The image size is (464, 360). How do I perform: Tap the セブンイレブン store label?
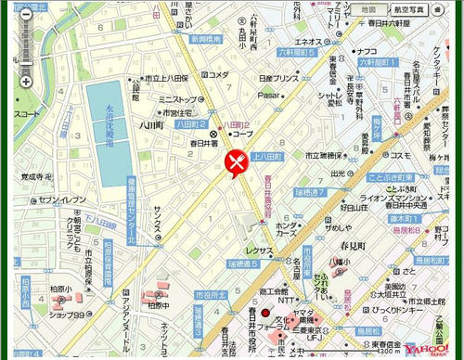point(62,199)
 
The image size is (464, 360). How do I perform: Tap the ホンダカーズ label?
point(286,229)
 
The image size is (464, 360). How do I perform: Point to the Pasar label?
point(268,94)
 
